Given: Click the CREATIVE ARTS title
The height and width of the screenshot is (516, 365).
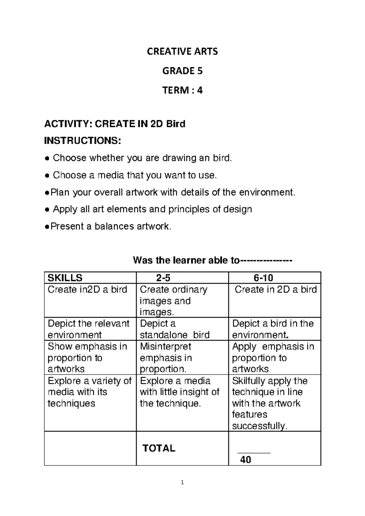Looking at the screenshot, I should point(182,51).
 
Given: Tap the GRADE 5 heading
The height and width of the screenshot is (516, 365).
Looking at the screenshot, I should point(182,71).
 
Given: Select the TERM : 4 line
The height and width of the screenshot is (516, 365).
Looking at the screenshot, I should point(182,90).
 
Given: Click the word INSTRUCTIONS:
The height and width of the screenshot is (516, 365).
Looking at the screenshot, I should point(83,141).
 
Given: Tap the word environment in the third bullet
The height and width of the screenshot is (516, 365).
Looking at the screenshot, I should point(267,192).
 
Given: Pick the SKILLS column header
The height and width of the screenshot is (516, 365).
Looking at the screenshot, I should point(65,278).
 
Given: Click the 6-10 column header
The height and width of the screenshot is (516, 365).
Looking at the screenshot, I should point(263,278).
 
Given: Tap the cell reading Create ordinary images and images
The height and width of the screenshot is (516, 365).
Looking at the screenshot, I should point(173,301).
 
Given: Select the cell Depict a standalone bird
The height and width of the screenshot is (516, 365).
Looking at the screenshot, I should point(175,329).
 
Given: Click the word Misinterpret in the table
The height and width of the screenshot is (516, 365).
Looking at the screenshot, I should point(165,346).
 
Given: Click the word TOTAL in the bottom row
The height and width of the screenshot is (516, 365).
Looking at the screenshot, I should point(159,448).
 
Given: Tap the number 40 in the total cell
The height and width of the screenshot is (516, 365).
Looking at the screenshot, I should point(245,459).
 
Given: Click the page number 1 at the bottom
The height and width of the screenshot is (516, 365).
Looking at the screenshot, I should point(182,482).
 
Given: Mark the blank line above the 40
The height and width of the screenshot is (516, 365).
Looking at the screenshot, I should point(254,453).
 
